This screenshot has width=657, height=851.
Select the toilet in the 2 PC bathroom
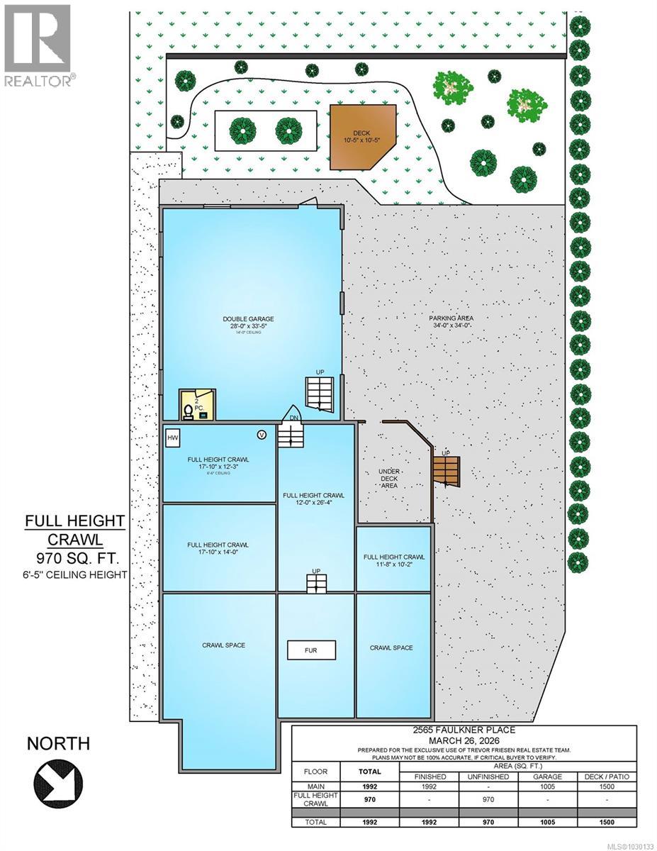[188, 411]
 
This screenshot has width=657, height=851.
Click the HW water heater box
[172, 438]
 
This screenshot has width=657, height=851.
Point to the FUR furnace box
[310, 650]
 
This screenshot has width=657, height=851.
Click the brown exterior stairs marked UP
[447, 471]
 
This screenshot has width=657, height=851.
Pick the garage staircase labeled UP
[318, 394]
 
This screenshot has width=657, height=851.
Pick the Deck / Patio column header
[607, 777]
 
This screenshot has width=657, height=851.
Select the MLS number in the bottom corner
[625, 844]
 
